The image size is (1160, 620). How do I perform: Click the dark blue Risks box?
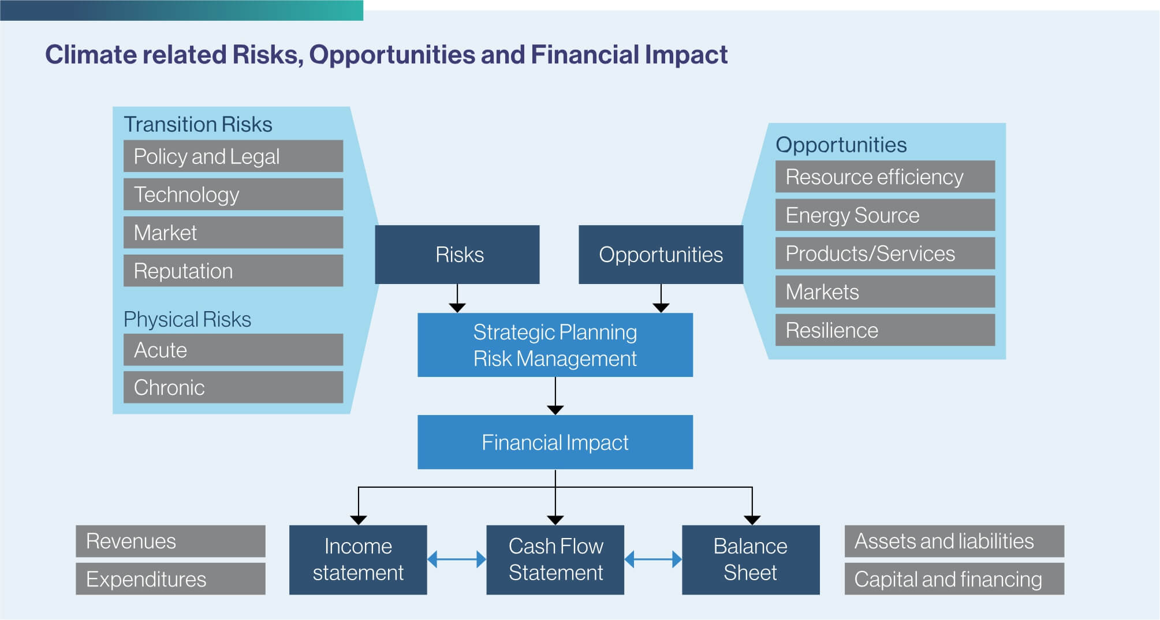(457, 255)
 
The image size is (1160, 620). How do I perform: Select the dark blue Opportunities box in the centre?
(661, 255)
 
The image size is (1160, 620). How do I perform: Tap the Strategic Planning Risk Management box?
(555, 345)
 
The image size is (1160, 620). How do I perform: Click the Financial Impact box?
(555, 442)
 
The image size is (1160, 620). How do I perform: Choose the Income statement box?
(358, 559)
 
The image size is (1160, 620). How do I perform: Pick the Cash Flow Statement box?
(555, 559)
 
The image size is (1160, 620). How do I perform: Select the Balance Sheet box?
(751, 559)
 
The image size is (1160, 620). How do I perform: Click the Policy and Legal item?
(233, 156)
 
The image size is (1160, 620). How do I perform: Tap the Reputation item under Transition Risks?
(233, 271)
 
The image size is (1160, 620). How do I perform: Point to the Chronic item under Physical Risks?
(233, 387)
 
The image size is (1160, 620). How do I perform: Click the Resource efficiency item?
(885, 177)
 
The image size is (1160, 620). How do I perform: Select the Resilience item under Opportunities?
(885, 330)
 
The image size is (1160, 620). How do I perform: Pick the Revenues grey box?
(170, 541)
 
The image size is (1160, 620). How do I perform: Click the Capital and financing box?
(954, 579)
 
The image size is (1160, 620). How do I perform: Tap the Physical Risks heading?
(187, 319)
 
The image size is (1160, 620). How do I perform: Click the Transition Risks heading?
(197, 124)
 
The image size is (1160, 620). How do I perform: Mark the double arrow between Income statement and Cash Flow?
(457, 559)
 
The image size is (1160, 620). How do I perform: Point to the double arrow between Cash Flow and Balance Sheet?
(653, 559)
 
